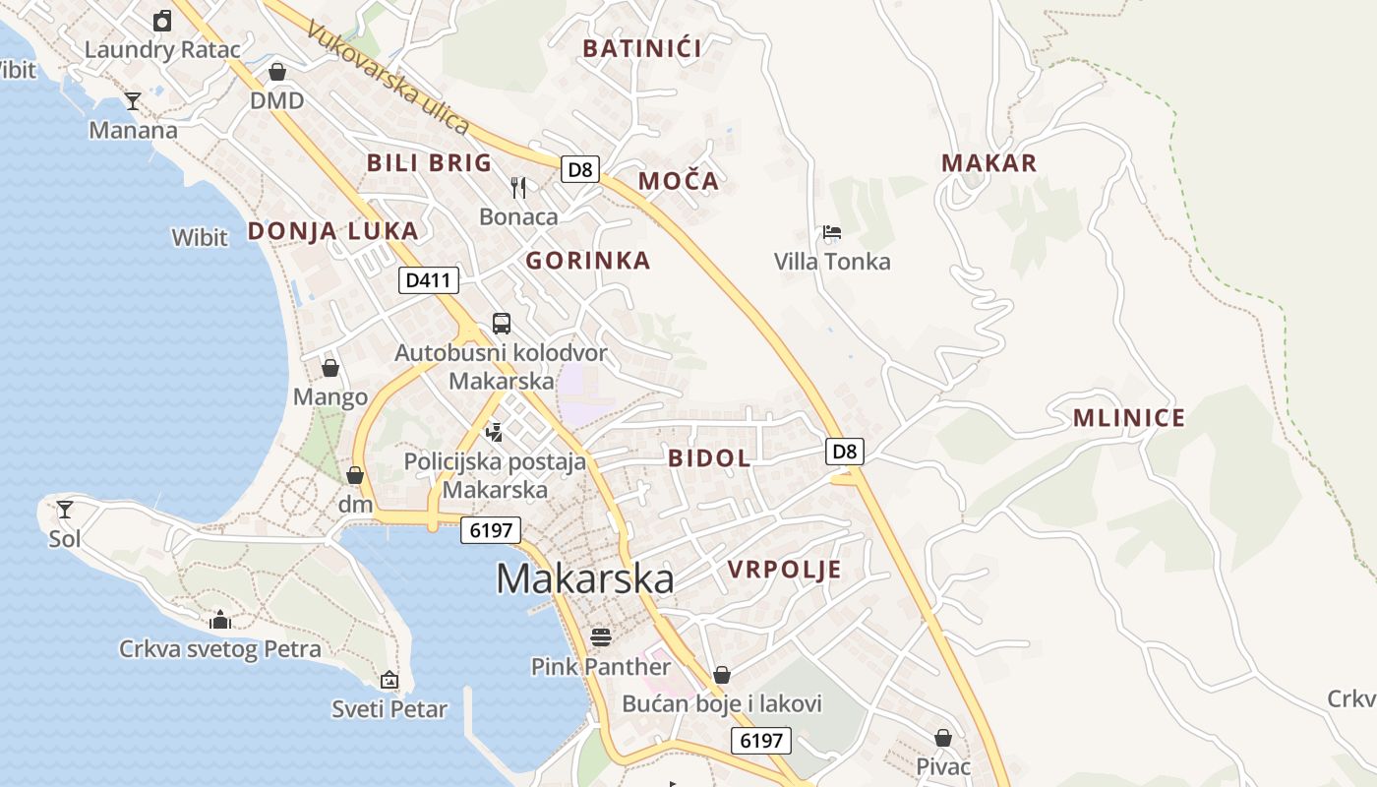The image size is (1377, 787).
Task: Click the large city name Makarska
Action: click(585, 578)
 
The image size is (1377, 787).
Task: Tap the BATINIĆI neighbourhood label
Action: click(642, 48)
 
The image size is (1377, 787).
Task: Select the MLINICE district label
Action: click(1128, 418)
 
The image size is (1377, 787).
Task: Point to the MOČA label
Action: click(679, 181)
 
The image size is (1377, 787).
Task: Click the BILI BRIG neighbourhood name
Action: click(429, 163)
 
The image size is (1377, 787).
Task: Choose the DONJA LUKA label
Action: click(332, 231)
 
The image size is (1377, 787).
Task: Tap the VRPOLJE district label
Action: click(785, 570)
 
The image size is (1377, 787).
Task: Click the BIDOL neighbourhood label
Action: click(709, 457)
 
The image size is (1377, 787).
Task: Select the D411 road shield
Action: click(430, 280)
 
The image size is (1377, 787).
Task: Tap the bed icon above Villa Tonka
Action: click(832, 233)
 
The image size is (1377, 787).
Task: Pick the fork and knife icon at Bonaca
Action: click(518, 187)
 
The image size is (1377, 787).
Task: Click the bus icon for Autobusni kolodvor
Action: click(502, 323)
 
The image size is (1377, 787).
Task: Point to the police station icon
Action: click(495, 431)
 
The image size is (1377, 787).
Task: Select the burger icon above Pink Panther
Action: click(601, 636)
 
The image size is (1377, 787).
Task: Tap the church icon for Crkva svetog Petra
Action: click(220, 620)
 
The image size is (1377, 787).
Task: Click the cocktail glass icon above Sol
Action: click(65, 509)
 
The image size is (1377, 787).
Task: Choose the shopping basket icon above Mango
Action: click(330, 368)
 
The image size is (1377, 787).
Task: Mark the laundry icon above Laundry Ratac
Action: click(162, 20)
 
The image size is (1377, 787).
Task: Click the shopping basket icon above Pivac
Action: click(943, 737)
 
